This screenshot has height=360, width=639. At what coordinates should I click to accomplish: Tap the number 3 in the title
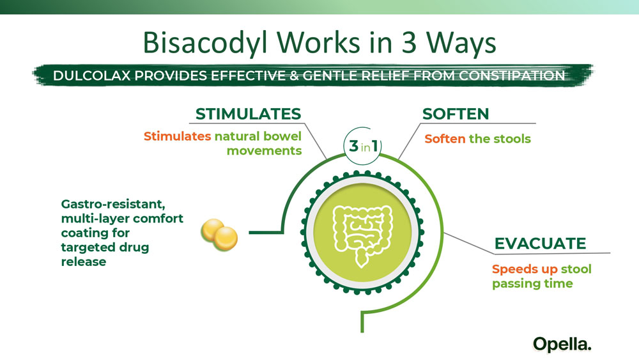coord(409,42)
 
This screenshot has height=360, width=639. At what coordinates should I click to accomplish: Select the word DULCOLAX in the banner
coord(91,75)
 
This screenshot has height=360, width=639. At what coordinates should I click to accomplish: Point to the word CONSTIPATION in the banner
coord(512,75)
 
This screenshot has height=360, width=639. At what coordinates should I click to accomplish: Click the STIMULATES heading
coord(248,114)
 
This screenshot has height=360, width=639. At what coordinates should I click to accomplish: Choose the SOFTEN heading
coord(456,114)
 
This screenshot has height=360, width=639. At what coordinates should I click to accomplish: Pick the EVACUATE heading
coord(540,244)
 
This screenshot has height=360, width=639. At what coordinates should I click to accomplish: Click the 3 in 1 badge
coord(362,146)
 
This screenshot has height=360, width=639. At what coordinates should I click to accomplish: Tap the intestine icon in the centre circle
coord(362,236)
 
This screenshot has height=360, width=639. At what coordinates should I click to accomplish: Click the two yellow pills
coord(219,235)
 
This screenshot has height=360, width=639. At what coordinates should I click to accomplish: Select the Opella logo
coord(562,345)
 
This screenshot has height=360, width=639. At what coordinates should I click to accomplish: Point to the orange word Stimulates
coord(177,136)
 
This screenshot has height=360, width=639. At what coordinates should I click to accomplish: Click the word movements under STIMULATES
coord(264,150)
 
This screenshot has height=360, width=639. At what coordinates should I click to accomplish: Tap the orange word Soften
coord(445,139)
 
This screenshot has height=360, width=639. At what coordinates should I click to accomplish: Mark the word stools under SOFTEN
coord(512,139)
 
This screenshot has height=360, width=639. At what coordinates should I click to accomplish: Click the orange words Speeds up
coord(525,269)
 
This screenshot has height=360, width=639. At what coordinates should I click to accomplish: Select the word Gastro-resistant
coord(113,204)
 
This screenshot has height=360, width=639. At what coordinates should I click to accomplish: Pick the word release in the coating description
coord(84,262)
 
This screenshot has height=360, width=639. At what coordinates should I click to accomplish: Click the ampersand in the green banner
coord(293,75)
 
